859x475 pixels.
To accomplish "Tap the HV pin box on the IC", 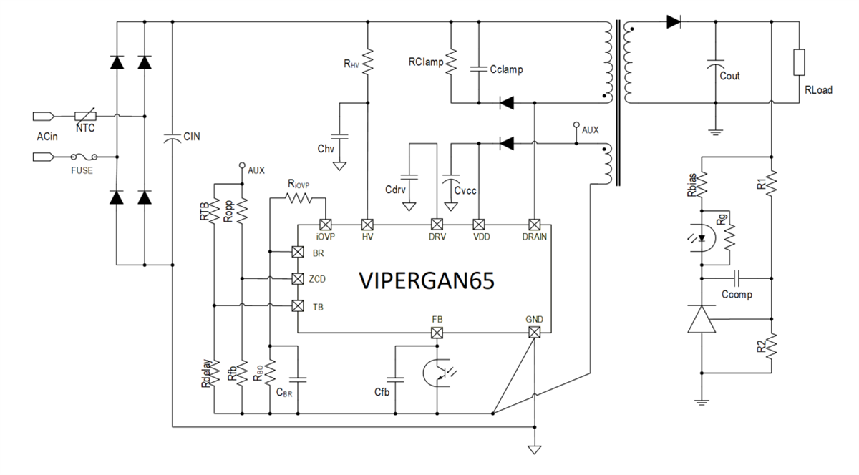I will coord(367,222).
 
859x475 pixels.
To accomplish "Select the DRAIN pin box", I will coord(533,222).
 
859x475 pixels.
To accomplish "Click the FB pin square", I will coord(437,333).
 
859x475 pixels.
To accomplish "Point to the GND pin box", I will coord(533,333).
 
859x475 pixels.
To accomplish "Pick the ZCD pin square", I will coord(298,278).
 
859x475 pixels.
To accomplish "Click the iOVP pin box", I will coord(325,222).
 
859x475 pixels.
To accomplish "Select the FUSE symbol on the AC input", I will coord(85,155).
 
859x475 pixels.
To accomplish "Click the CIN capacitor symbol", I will coord(173,138).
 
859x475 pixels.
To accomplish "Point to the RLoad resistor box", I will coord(799,63).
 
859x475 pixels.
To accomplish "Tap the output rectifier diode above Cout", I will coord(672,21).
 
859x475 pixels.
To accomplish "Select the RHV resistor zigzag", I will coord(367,62).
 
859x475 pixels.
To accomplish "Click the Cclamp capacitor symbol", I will coord(477,69).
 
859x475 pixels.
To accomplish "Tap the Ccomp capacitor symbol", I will coord(736,278).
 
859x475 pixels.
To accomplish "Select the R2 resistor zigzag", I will coord(772,348).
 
